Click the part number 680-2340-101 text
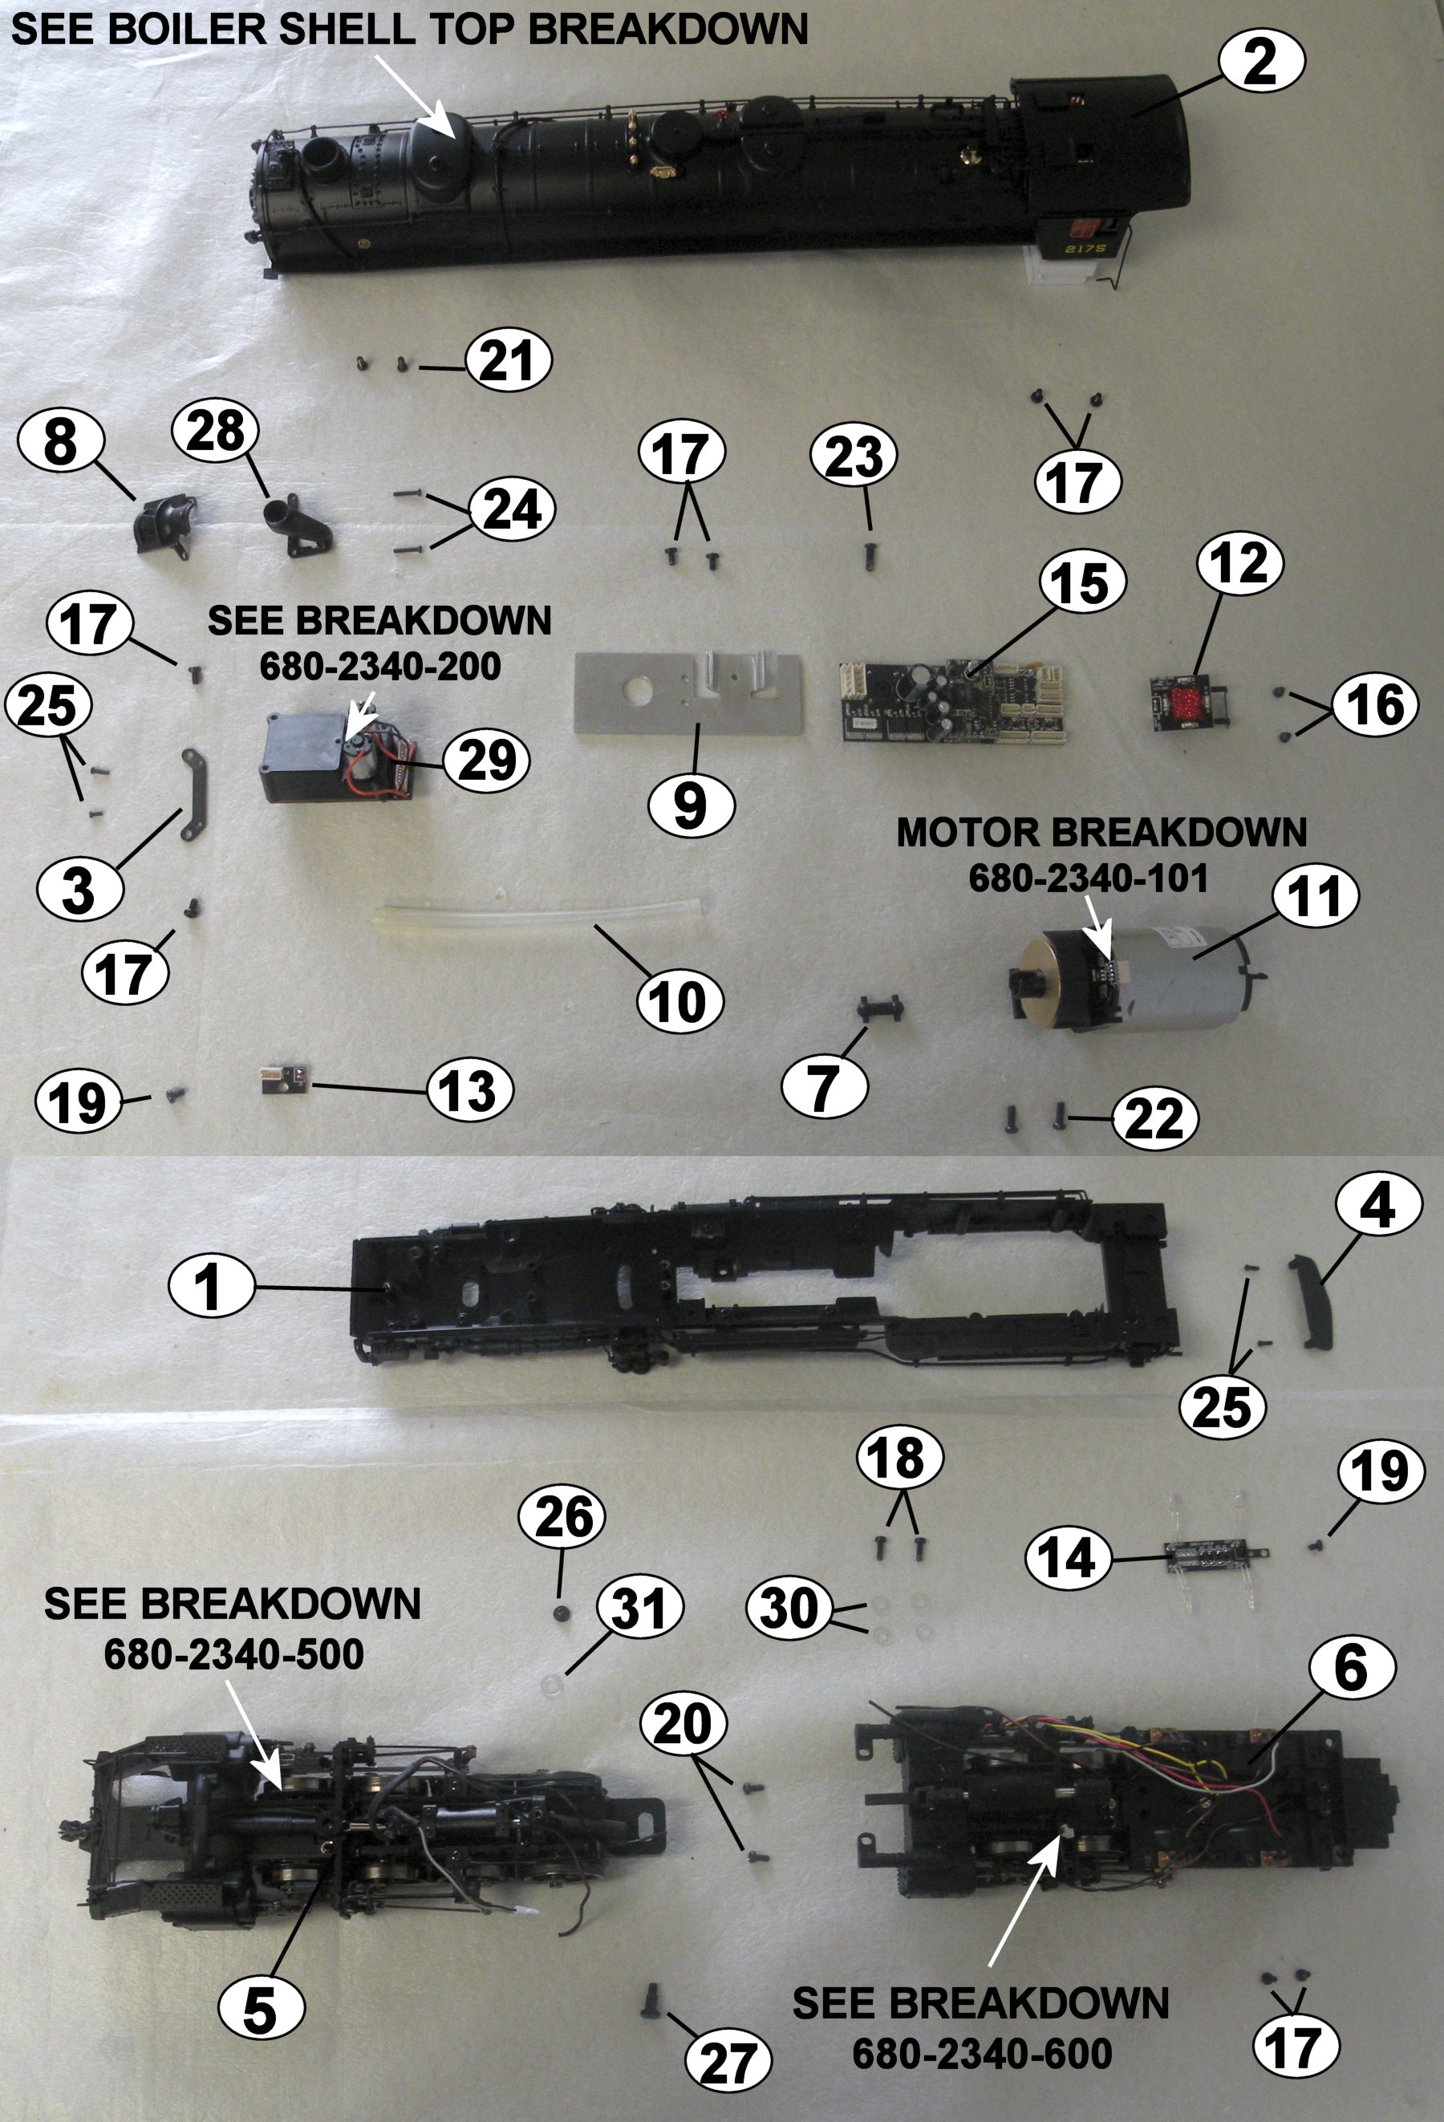1088,878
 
